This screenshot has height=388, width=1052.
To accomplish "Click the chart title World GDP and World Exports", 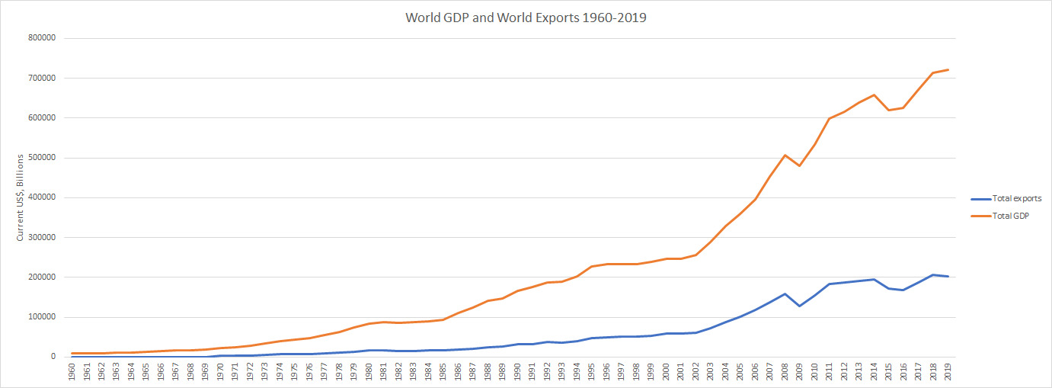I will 526,18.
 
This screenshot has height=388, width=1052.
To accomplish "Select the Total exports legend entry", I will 1011,198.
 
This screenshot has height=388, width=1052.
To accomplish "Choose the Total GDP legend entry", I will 1006,216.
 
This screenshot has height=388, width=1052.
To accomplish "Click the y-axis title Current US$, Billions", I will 21,197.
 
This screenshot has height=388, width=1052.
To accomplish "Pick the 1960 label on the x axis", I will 72,372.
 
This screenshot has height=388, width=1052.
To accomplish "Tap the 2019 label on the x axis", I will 948,372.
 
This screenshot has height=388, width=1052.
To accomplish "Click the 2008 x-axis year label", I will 785,372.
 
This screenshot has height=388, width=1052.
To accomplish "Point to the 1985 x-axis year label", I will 443,372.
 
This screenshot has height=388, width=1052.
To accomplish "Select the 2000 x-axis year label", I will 666,372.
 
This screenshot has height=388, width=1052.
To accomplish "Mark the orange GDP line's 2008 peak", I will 785,155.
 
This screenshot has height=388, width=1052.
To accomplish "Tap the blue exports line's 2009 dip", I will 799,306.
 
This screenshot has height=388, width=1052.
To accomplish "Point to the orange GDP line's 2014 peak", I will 874,95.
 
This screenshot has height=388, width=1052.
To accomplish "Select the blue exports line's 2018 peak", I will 933,274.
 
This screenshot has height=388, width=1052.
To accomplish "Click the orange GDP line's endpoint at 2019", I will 948,70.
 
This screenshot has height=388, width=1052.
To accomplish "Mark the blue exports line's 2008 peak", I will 785,293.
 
